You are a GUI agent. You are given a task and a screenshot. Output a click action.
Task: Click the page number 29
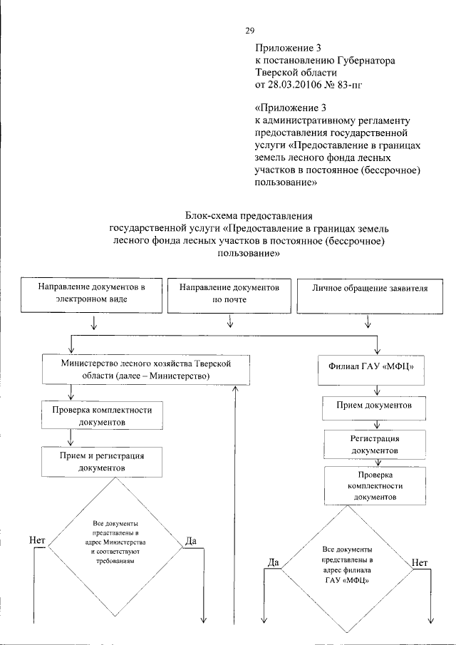250,30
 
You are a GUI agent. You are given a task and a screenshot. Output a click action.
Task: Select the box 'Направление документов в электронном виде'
92,294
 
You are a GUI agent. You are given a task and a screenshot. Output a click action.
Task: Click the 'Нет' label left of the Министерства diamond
38,541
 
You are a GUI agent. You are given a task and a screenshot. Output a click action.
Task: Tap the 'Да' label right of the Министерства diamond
190,541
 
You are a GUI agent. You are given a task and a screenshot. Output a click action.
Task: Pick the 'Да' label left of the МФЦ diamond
272,562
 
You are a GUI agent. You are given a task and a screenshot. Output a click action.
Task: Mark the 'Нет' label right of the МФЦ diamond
419,562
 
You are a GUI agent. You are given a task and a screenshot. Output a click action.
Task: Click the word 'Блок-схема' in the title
211,215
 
